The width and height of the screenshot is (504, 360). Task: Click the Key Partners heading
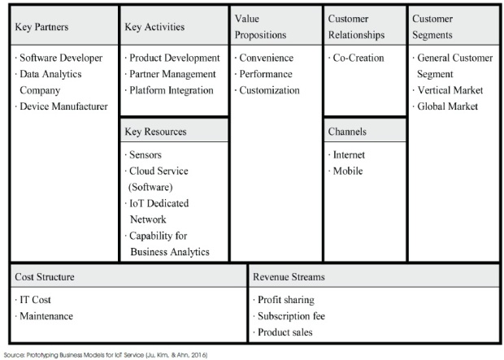pyautogui.click(x=41, y=27)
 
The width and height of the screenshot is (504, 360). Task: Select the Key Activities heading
pyautogui.click(x=154, y=27)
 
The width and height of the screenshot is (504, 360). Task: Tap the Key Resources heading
pyautogui.click(x=155, y=132)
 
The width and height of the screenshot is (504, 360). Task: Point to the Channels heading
pyautogui.click(x=347, y=131)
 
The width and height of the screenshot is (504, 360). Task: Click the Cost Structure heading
pyautogui.click(x=45, y=277)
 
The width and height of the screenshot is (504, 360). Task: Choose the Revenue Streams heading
pyautogui.click(x=289, y=277)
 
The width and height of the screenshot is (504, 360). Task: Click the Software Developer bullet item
pyautogui.click(x=61, y=58)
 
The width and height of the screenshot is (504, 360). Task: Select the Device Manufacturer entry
pyautogui.click(x=63, y=106)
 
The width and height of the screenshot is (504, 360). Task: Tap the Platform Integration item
pyautogui.click(x=172, y=90)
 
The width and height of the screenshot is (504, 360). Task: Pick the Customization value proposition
pyautogui.click(x=269, y=90)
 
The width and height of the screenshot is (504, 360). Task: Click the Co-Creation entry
pyautogui.click(x=358, y=58)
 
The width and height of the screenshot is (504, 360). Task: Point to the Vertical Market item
pyautogui.click(x=450, y=90)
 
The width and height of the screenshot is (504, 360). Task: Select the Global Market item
pyautogui.click(x=447, y=106)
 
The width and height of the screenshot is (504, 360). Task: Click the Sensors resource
pyautogui.click(x=146, y=155)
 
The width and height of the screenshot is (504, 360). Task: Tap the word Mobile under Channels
pyautogui.click(x=348, y=171)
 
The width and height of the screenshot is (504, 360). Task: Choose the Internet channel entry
pyautogui.click(x=349, y=155)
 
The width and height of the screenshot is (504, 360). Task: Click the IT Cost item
pyautogui.click(x=35, y=300)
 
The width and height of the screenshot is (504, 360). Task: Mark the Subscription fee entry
pyautogui.click(x=291, y=316)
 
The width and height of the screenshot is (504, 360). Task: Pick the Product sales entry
pyautogui.click(x=285, y=332)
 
